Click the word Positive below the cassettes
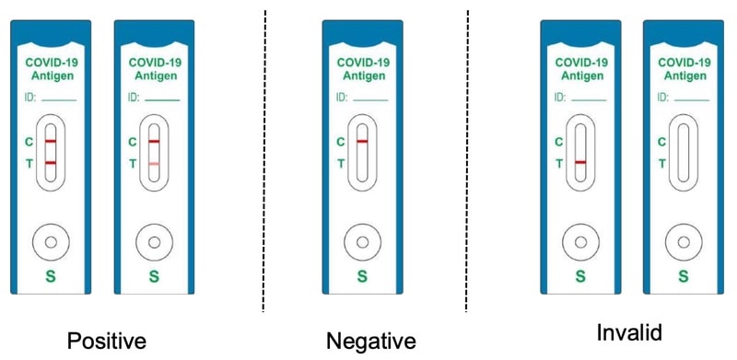pos(106,341)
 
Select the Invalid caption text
pos(628,332)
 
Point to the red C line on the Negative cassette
pos(363,141)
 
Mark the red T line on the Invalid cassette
pos(580,163)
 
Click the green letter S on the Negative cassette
pos(363,275)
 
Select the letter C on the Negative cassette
pos(340,142)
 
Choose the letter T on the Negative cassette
pos(340,164)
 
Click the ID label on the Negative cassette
pos(341,97)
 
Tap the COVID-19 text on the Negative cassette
pos(363,63)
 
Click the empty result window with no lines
pos(683,152)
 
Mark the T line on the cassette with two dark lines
pos(51,163)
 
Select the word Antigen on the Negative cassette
pos(363,75)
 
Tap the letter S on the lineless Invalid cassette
pos(683,275)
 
